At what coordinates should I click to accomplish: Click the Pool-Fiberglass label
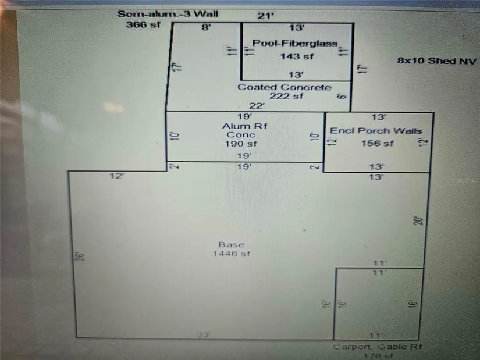(295, 44)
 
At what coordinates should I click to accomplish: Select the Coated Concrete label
(285, 87)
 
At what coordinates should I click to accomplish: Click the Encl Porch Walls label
(376, 131)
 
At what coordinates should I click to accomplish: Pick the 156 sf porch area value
(378, 143)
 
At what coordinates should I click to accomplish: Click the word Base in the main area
(232, 244)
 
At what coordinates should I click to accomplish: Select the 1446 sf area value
(232, 254)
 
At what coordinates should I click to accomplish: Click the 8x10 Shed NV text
(437, 61)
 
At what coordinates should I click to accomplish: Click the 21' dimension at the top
(266, 16)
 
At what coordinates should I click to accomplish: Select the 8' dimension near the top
(205, 27)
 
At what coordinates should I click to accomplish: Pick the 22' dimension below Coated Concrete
(257, 105)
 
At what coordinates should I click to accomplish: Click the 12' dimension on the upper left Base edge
(117, 176)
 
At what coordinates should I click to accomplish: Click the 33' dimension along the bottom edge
(202, 334)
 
